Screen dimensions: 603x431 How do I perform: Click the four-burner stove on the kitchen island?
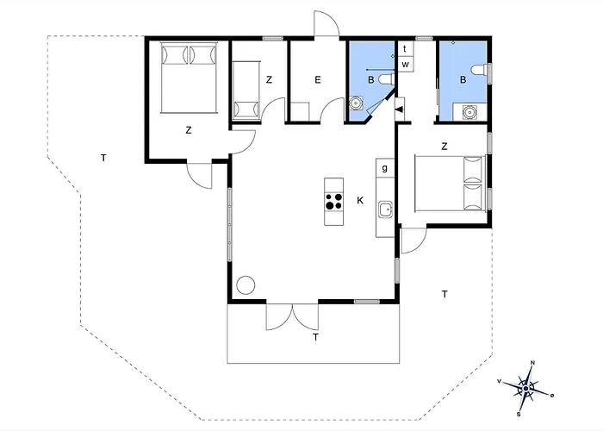334,201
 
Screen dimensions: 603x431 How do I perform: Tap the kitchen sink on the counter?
385,210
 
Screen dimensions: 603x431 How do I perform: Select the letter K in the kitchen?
360,201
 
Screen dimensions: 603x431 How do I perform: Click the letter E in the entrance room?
318,80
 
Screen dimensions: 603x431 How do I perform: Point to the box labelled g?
385,168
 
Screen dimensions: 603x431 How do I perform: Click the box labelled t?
405,49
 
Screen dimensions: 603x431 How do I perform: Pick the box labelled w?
406,65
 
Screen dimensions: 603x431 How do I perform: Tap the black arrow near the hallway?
400,109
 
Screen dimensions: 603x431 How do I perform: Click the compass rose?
525,389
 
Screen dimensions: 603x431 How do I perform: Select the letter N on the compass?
532,363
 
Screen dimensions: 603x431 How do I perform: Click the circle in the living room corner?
246,285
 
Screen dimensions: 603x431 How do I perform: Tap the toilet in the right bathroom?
481,72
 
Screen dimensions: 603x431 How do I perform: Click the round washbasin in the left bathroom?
356,103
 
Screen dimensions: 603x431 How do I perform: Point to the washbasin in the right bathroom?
470,111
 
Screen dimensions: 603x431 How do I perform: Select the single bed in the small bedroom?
246,90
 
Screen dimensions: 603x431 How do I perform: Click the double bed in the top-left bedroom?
189,78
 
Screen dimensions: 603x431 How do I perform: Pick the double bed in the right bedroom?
451,183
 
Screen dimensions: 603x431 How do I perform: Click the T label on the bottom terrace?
316,338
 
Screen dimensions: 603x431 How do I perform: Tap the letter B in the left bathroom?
371,80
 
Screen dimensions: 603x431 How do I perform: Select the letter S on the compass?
519,415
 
